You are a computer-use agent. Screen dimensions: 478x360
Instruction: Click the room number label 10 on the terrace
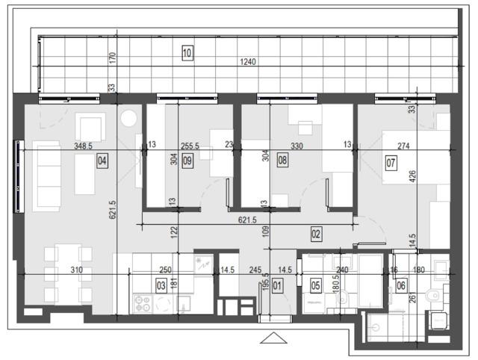187,53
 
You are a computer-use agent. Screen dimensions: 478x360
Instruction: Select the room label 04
102,161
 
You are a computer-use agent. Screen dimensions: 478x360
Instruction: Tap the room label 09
187,161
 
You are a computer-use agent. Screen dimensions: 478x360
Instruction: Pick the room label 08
282,161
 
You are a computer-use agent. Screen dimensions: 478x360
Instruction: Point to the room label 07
391,163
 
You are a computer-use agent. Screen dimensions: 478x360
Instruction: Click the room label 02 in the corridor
316,234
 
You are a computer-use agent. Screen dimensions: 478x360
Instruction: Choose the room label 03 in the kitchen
161,285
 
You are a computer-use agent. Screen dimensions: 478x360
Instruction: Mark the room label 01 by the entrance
277,285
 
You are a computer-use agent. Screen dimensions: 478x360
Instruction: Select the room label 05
315,285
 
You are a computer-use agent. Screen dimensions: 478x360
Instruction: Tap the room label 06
401,285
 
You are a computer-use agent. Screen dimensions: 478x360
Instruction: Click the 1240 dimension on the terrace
248,62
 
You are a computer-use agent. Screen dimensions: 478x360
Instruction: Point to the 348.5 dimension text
83,146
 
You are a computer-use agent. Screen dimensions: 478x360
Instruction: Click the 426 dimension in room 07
412,177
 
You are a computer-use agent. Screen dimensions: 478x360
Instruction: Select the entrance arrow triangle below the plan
274,338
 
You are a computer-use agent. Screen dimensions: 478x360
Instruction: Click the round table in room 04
128,118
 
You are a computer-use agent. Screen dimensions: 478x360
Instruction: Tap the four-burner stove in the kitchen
143,303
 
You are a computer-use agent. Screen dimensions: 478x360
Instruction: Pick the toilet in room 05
343,297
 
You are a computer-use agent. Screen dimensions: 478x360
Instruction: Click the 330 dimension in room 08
297,146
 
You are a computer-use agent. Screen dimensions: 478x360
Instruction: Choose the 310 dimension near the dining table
76,270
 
